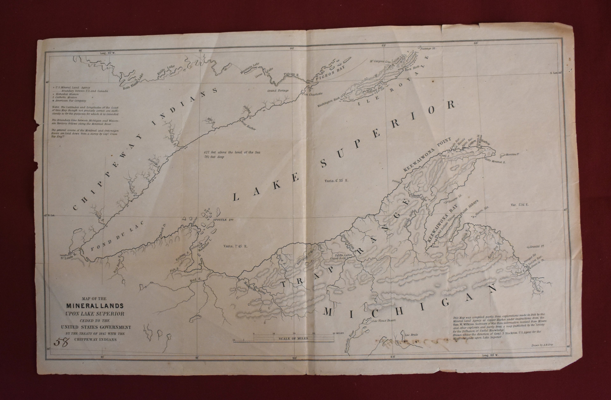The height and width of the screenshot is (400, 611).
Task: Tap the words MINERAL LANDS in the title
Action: [95, 306]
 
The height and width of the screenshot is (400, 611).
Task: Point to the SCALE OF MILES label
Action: [293, 338]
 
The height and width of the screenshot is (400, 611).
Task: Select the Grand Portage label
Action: [278, 91]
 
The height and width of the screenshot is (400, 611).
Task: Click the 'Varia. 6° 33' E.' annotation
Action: [336, 181]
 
